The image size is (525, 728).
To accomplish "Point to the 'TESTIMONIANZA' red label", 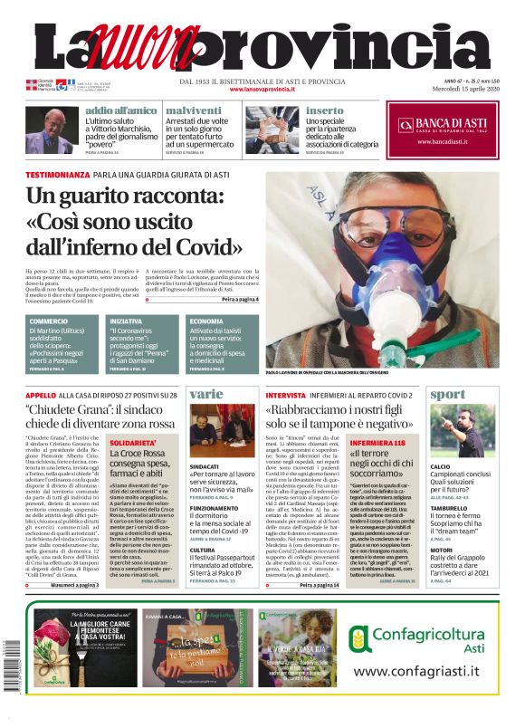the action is tap(57, 174).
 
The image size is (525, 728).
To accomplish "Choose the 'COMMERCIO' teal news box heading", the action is tap(49, 321).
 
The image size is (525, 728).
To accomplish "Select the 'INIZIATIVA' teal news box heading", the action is tap(127, 321).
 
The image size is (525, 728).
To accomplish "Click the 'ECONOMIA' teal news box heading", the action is tap(207, 321).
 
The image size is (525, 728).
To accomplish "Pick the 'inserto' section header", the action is tap(325, 110).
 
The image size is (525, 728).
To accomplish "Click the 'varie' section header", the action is tap(206, 394).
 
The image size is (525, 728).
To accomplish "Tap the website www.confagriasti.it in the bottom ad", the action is tap(415, 671).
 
